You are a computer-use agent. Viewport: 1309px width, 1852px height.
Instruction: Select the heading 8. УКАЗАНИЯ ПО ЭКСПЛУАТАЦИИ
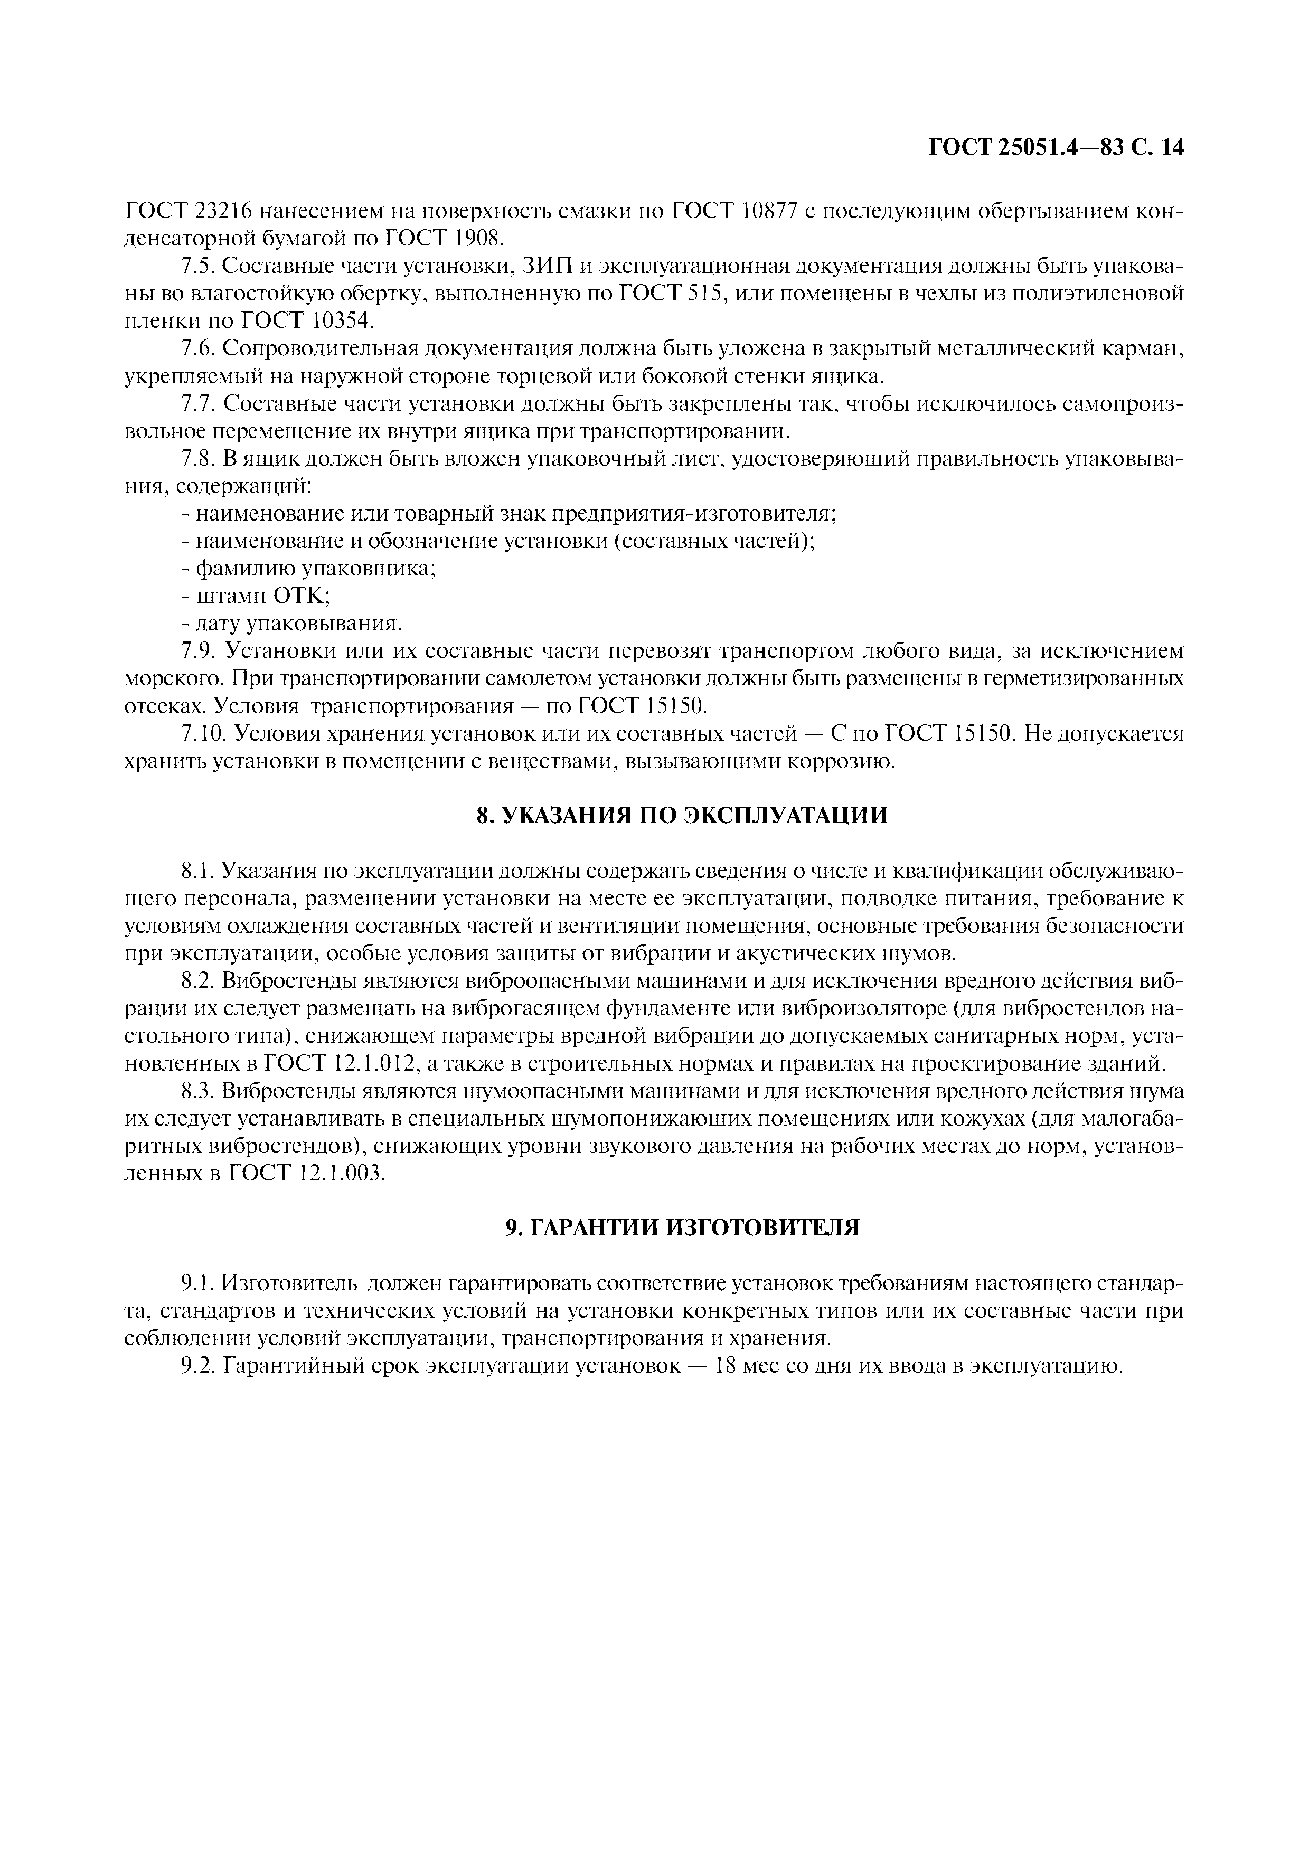682,816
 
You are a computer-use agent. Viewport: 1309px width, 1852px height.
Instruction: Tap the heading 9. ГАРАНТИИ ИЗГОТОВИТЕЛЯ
682,1227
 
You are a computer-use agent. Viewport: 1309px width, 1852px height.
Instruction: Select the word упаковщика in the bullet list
369,569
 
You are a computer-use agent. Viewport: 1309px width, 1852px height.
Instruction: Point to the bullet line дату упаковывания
291,623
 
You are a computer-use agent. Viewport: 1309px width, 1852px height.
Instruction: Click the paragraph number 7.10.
203,734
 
